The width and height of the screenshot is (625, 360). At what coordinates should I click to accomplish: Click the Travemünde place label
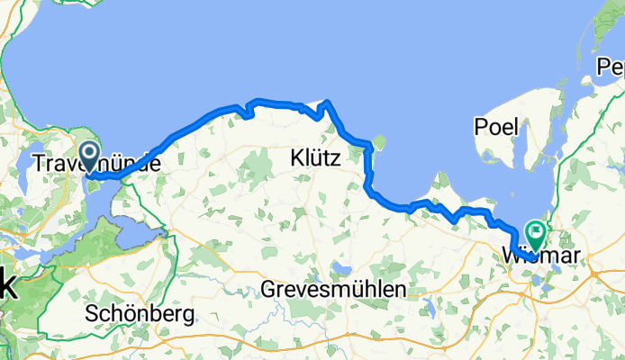pos(96,164)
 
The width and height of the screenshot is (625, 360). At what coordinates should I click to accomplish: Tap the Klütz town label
pos(315,158)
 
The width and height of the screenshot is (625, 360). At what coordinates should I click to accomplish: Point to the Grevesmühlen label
pos(333,289)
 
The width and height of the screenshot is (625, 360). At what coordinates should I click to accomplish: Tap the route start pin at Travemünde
pos(89,155)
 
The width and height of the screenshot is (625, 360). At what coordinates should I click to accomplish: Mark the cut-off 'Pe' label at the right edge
pos(610,68)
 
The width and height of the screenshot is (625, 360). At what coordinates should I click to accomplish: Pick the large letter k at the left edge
pos(7,285)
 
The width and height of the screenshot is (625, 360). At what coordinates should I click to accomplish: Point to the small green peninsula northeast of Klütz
pos(378,141)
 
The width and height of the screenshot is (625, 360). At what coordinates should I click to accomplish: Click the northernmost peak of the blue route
pos(328,103)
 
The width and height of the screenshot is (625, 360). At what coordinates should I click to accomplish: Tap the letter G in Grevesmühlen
pos(268,289)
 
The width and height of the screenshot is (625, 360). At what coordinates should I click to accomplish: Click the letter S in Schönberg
pos(91,315)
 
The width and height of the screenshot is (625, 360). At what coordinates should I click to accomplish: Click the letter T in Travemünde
pos(39,164)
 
